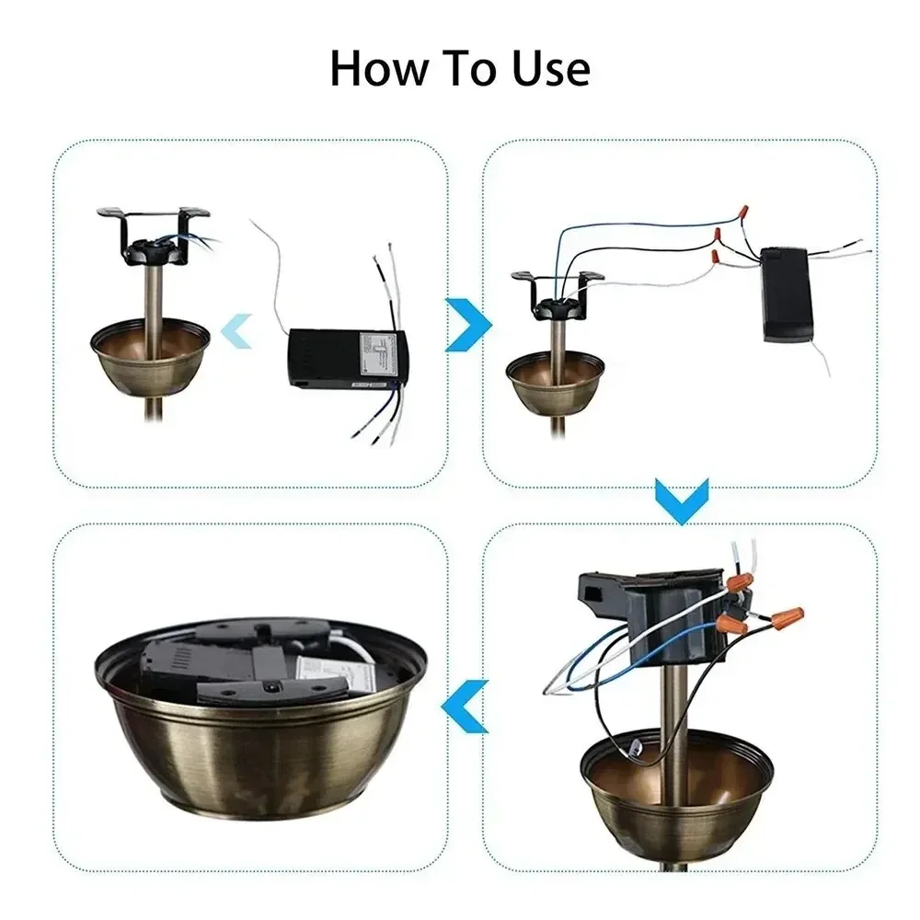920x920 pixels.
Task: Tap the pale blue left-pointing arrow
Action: (x=239, y=328)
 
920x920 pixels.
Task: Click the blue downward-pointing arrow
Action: (x=682, y=500)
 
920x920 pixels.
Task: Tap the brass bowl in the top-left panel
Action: (x=150, y=354)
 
